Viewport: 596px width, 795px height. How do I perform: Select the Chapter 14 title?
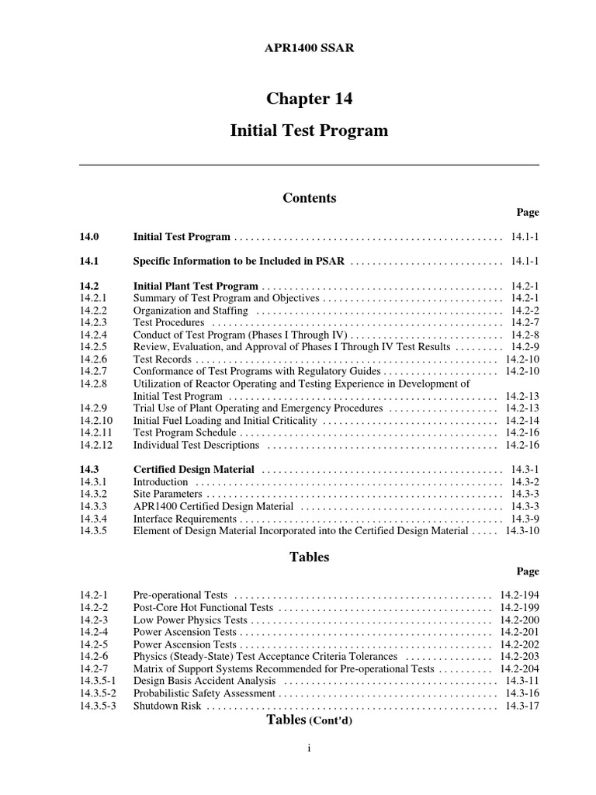pyautogui.click(x=309, y=99)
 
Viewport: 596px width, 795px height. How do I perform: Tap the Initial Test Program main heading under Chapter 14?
pyautogui.click(x=309, y=130)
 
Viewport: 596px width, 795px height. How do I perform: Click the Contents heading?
pyautogui.click(x=309, y=198)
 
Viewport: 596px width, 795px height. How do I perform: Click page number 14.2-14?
pyautogui.click(x=521, y=420)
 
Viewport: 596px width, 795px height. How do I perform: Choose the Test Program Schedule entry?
pyautogui.click(x=185, y=432)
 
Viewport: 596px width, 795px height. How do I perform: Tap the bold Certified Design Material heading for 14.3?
pyautogui.click(x=193, y=470)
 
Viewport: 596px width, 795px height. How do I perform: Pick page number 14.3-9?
pyautogui.click(x=525, y=519)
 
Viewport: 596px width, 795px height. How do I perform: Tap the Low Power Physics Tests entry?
pyautogui.click(x=190, y=620)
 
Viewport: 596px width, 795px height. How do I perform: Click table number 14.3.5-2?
pyautogui.click(x=98, y=693)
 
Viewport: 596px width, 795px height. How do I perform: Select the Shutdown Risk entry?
pyautogui.click(x=167, y=706)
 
